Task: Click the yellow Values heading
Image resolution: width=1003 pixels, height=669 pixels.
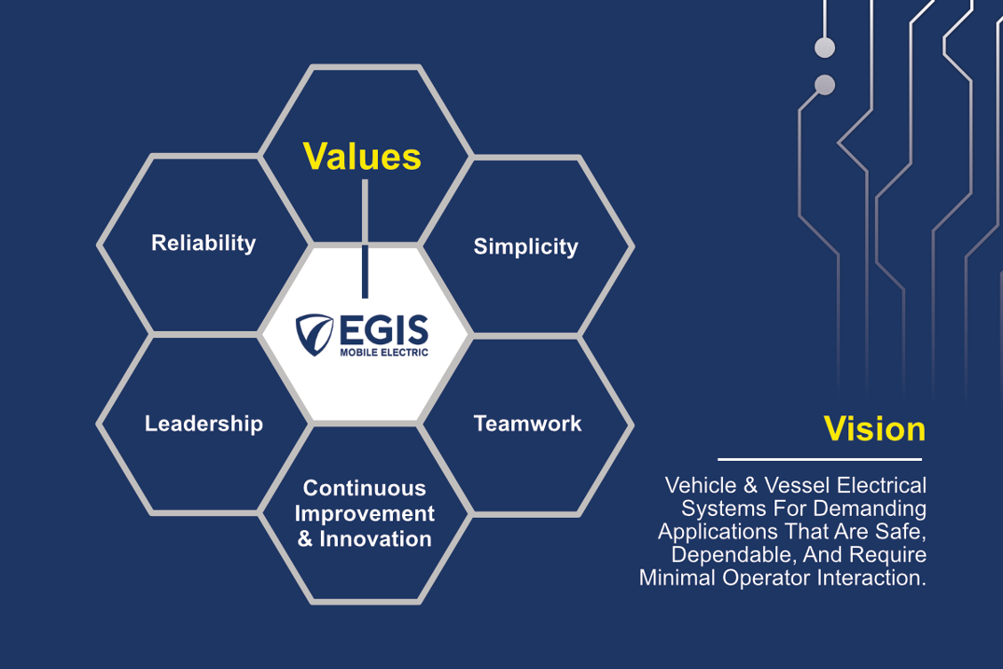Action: pos(362,157)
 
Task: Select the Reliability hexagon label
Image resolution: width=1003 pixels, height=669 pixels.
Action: pos(204,243)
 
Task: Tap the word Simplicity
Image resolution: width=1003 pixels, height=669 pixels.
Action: pos(526,247)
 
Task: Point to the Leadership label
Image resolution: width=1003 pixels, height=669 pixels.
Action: pos(204,423)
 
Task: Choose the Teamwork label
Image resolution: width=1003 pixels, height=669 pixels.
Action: pos(527,423)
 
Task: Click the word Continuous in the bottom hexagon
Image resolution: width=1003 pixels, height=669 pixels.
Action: pos(365,488)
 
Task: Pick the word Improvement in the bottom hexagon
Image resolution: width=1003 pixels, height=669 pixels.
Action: pos(365,514)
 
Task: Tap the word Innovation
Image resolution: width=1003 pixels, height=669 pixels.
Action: pos(375,539)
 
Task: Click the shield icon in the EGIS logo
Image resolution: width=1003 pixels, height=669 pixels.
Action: pos(314,334)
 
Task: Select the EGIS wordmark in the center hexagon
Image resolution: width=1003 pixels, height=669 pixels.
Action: pos(384,330)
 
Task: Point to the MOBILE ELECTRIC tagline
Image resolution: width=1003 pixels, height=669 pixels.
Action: pos(384,352)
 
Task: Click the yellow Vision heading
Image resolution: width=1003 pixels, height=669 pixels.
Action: pos(874,429)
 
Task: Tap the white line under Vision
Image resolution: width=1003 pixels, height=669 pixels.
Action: pos(820,459)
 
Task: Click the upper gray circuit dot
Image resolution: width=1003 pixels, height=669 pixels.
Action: pos(824,47)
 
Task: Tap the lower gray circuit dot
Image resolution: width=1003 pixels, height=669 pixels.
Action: pos(824,85)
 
